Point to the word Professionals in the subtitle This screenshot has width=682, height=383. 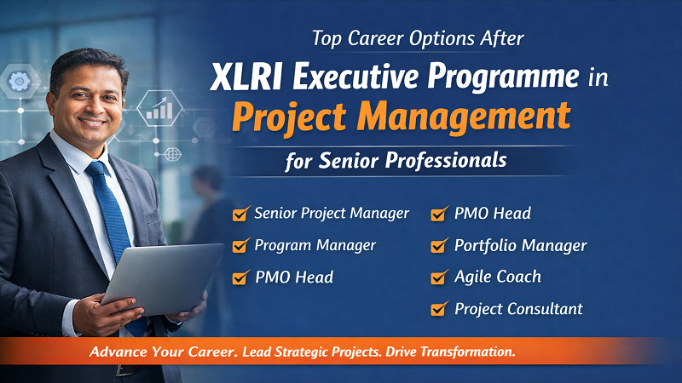456,159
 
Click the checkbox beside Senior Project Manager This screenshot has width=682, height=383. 240,214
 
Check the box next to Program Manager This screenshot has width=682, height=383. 240,246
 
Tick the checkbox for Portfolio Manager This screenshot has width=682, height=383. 439,246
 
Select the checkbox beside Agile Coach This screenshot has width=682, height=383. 439,277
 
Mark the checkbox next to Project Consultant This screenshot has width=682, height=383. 439,309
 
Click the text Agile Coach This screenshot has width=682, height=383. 498,277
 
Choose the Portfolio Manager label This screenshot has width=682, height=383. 520,245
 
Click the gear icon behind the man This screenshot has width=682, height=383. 19,83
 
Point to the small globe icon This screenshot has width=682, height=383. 173,154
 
